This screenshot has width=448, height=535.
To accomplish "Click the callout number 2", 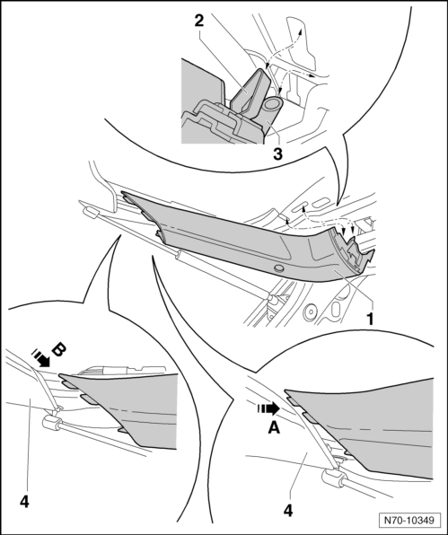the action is (x=199, y=21).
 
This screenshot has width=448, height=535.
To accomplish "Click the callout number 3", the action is (x=277, y=154).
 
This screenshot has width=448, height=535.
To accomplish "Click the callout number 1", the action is (x=370, y=319).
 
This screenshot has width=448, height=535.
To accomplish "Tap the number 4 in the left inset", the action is (x=24, y=502).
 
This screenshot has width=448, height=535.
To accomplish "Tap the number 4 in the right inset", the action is (x=288, y=511).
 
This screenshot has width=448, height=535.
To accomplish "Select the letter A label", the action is (x=274, y=427).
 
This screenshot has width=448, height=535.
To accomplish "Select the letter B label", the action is (x=57, y=350).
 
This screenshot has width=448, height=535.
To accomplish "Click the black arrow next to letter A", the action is (x=268, y=408).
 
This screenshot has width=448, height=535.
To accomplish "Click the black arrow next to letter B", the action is (x=41, y=358).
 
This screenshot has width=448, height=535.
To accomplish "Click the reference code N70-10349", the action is (x=409, y=520).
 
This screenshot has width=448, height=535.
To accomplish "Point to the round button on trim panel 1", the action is (x=279, y=268).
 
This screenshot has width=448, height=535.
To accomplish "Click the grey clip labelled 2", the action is (x=250, y=92).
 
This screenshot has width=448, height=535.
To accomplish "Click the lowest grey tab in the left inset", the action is (x=125, y=431).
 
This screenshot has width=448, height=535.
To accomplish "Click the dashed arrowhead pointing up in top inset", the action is (x=300, y=32).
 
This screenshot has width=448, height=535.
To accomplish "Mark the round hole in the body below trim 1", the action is (x=310, y=311).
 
